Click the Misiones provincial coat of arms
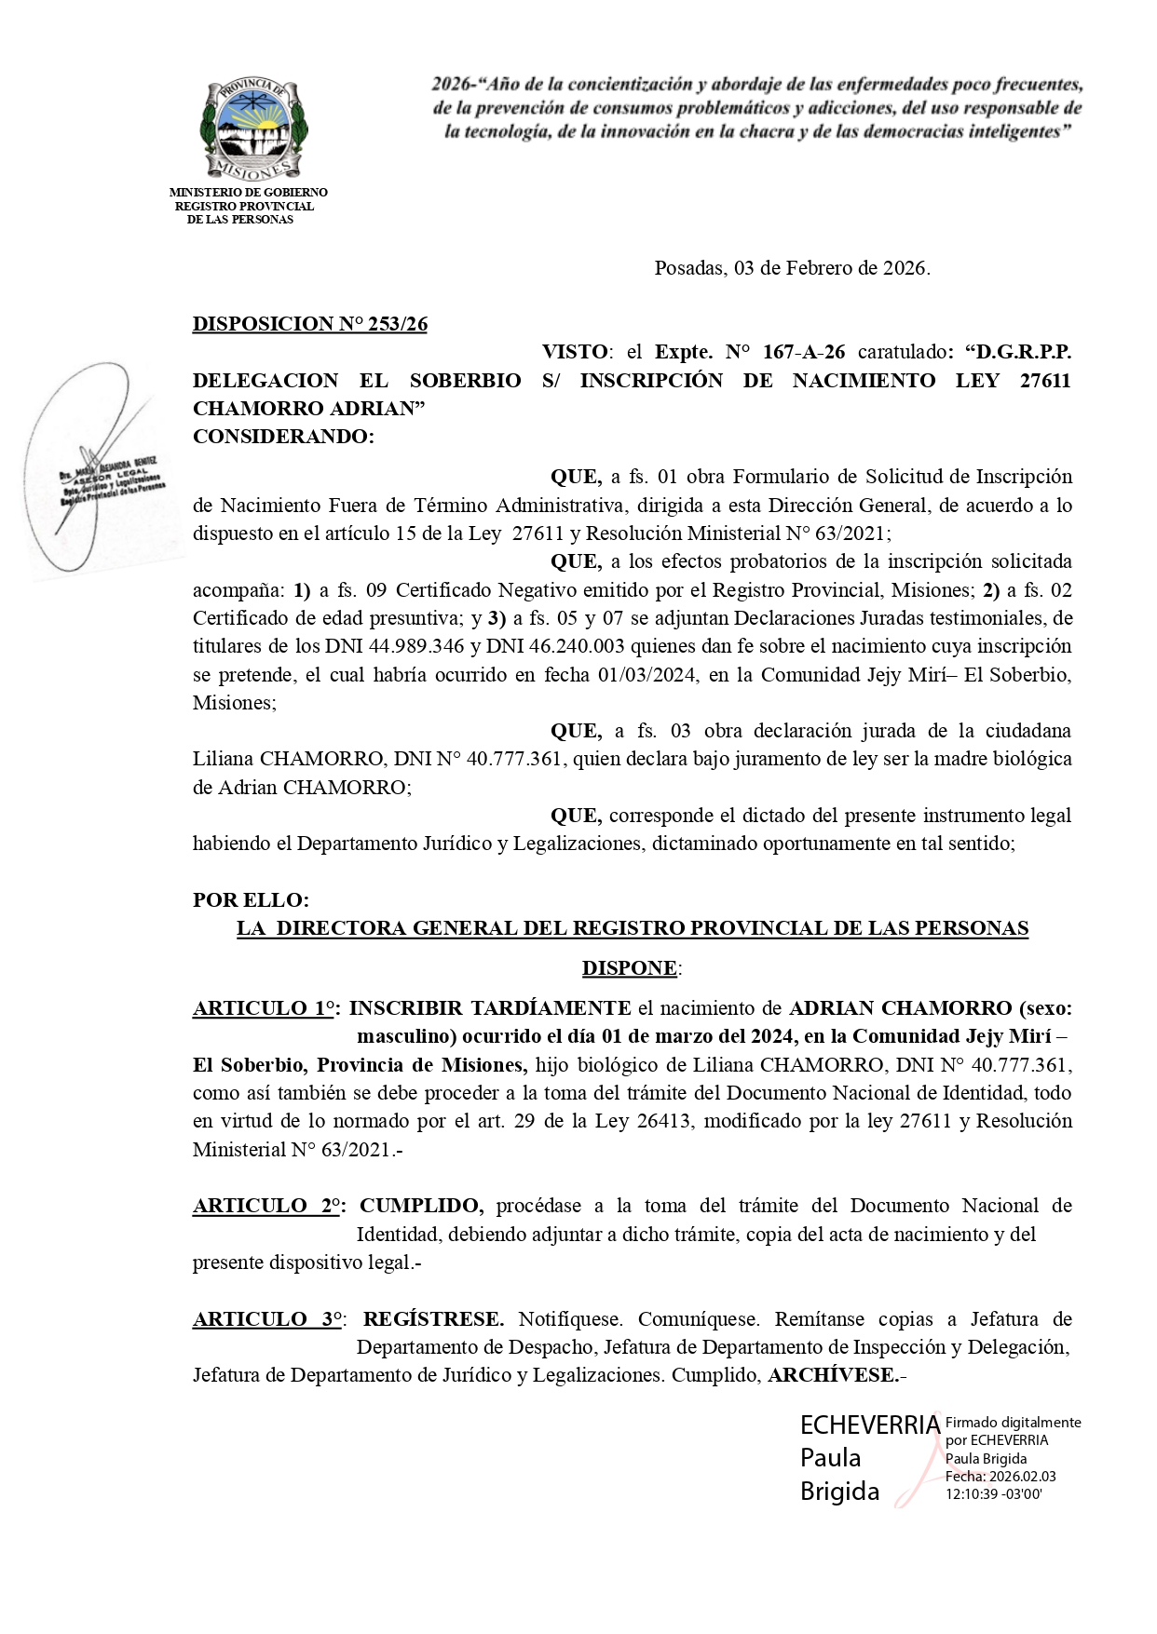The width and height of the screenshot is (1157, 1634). tap(250, 129)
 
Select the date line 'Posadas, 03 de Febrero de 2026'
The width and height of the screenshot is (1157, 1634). tap(792, 268)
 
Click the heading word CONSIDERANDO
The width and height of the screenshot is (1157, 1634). tap(282, 437)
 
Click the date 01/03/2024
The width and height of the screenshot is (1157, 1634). tap(647, 674)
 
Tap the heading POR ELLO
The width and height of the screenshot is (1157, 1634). tap(251, 900)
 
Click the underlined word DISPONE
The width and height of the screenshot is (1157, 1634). tap(630, 968)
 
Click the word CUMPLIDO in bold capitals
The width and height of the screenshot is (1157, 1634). tap(421, 1206)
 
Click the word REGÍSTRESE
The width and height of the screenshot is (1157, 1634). tap(433, 1319)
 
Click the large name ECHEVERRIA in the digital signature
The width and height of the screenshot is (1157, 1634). tap(870, 1425)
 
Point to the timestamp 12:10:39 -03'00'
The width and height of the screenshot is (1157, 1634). tap(993, 1494)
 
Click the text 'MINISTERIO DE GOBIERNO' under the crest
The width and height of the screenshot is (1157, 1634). tap(248, 193)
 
